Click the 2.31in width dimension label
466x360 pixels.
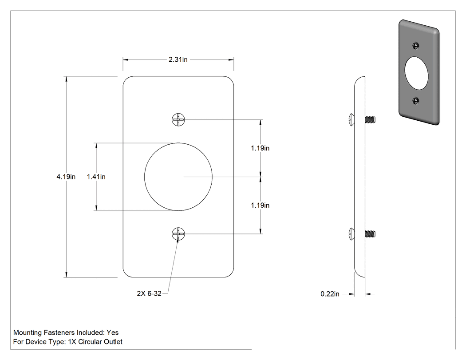tap(178, 59)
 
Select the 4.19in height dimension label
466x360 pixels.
tap(66, 177)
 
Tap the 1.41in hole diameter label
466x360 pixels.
tap(96, 177)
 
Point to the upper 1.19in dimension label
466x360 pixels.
tap(260, 148)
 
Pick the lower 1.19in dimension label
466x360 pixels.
tap(260, 205)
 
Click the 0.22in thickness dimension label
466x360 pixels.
tap(330, 294)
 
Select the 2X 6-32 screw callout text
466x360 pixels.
tap(149, 293)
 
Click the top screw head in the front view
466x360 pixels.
tap(178, 120)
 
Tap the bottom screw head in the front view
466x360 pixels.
tap(178, 234)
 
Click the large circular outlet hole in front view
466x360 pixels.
tap(178, 177)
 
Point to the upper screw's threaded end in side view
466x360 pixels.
tap(370, 119)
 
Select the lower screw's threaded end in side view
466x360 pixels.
tap(370, 233)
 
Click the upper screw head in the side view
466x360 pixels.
tap(351, 119)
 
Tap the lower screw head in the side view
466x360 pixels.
tap(351, 233)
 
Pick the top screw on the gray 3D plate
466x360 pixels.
tap(416, 46)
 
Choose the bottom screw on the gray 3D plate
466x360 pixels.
tap(416, 101)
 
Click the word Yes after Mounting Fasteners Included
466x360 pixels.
tap(113, 332)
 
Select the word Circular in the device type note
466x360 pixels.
tap(88, 342)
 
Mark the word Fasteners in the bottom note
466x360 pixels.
tap(59, 332)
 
